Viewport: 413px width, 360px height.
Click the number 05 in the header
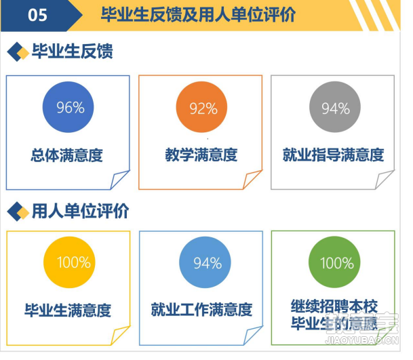(x=37, y=15)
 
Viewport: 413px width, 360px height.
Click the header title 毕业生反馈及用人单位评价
(x=198, y=14)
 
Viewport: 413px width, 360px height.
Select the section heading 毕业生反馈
(x=73, y=51)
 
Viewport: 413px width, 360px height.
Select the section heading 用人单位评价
(x=80, y=211)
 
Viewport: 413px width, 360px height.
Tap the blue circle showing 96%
(x=68, y=107)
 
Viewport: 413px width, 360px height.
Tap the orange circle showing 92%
(x=201, y=107)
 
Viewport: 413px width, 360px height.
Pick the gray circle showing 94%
(x=335, y=107)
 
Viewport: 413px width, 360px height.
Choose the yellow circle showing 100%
(x=69, y=262)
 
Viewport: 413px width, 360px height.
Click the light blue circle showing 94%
(x=205, y=262)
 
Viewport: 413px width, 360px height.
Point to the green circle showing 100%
(x=334, y=262)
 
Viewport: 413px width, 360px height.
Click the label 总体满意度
(x=66, y=155)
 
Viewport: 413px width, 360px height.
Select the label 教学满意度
(x=201, y=155)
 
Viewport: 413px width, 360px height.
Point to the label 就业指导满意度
(x=333, y=155)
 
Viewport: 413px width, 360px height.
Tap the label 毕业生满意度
(x=68, y=311)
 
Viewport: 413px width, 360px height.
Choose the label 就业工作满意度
(x=201, y=310)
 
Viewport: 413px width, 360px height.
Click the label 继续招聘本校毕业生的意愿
(x=334, y=315)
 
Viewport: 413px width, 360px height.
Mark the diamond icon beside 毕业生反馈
(x=18, y=52)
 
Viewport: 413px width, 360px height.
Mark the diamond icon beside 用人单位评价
(x=18, y=212)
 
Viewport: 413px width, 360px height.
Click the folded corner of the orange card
(x=252, y=179)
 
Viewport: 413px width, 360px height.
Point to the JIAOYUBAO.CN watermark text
(x=362, y=340)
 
